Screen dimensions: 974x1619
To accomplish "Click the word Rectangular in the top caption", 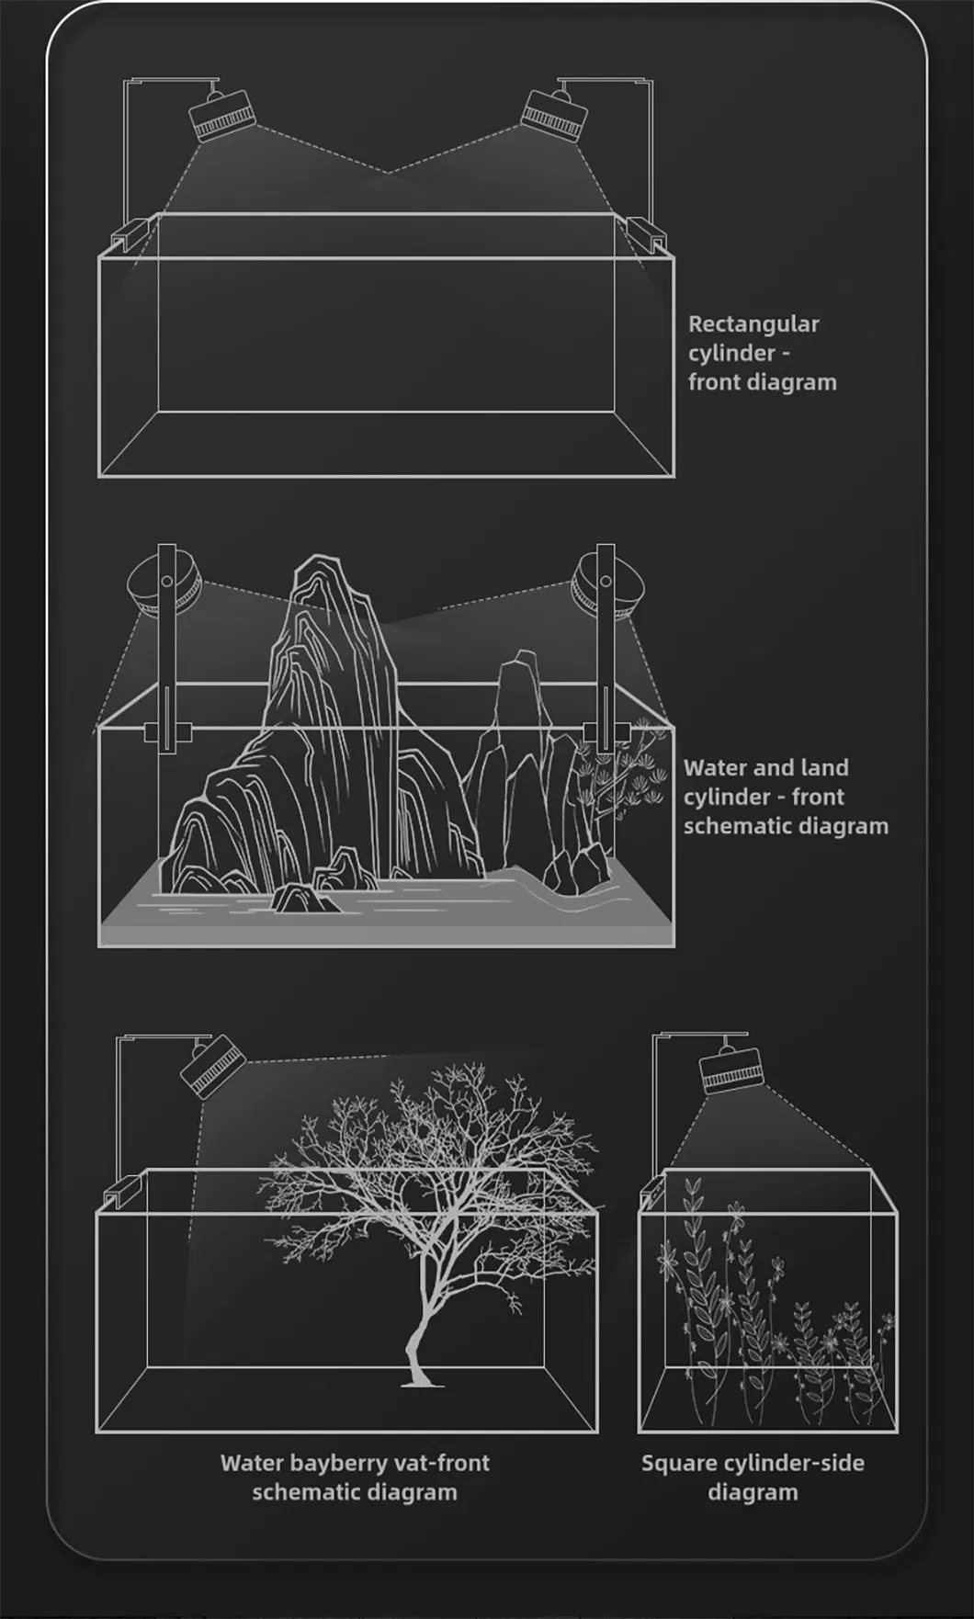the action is (x=753, y=324).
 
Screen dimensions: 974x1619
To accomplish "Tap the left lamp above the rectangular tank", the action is (x=221, y=114).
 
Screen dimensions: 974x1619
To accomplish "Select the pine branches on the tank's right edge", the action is (x=625, y=767).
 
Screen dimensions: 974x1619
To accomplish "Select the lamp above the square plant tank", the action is (x=731, y=1071).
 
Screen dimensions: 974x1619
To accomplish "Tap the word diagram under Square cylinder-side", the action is (x=753, y=1492).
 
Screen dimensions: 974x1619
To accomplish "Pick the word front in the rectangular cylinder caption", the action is (x=713, y=382).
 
